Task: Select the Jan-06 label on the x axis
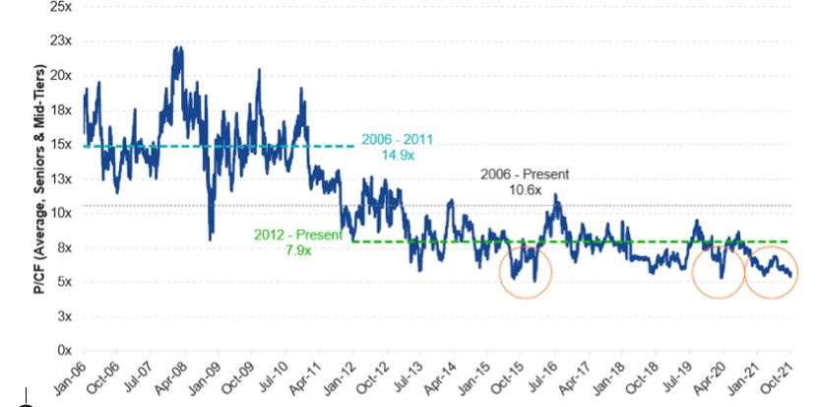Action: [x=70, y=376]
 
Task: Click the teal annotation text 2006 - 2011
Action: [x=397, y=138]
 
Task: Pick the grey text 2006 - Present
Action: [x=525, y=173]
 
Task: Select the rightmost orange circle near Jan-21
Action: [x=772, y=268]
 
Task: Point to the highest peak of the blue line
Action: [x=177, y=47]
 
